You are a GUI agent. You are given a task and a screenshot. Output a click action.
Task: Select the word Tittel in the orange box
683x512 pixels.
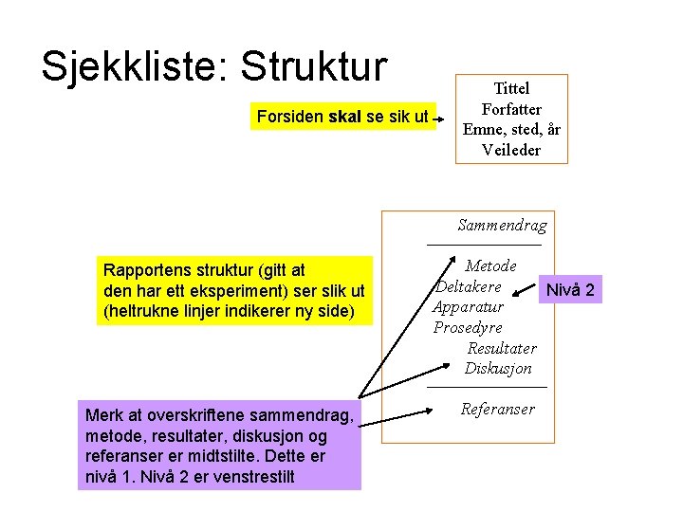[511, 88]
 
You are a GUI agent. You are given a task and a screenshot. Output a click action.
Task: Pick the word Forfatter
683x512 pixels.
[511, 109]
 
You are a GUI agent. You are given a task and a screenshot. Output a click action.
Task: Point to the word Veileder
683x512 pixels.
[511, 150]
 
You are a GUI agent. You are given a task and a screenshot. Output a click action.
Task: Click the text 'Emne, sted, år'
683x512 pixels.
[511, 130]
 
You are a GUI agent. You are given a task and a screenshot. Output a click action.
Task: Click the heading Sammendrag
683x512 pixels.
[502, 225]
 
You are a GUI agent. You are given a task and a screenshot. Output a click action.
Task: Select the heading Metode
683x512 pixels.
[490, 265]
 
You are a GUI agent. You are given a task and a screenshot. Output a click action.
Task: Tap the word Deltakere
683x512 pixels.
[469, 286]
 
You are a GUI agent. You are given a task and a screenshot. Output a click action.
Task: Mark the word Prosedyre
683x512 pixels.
[468, 327]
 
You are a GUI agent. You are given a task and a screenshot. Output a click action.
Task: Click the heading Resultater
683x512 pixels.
[502, 348]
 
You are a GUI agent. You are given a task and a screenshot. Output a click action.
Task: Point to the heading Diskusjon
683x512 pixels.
[498, 368]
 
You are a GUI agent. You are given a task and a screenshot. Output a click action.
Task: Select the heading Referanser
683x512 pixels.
[497, 409]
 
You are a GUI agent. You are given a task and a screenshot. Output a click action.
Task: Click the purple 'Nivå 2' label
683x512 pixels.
[571, 289]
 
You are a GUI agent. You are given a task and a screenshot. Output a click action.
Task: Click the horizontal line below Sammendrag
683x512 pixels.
[484, 246]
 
